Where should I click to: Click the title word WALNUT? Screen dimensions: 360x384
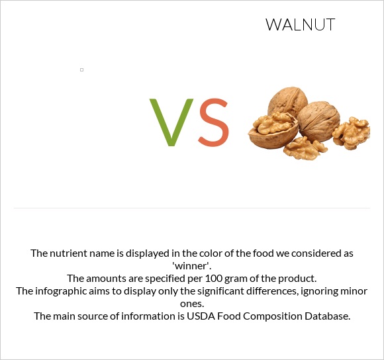click(x=300, y=25)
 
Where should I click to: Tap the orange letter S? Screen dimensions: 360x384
click(x=213, y=123)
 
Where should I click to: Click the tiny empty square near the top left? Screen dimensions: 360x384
click(x=81, y=69)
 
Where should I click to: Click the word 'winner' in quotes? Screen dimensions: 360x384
click(x=191, y=265)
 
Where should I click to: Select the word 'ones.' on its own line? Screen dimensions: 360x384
click(x=192, y=303)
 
